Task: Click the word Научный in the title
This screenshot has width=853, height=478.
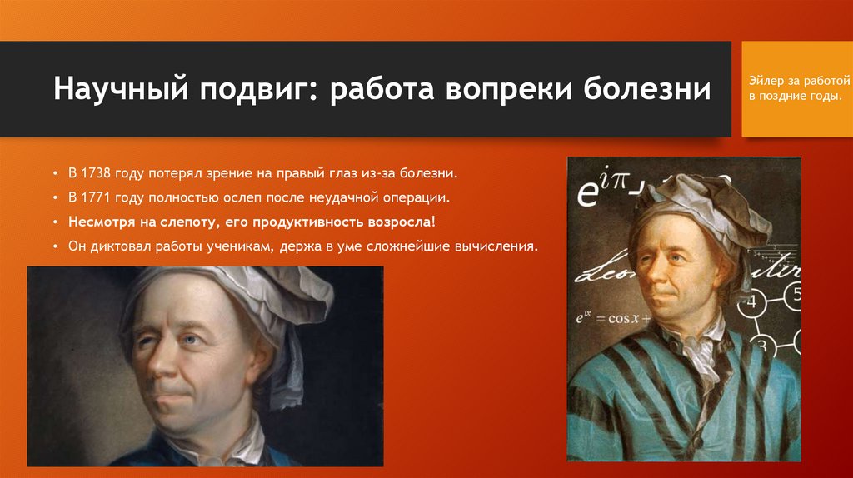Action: click(117, 89)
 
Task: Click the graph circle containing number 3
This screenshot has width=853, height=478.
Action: click(760, 339)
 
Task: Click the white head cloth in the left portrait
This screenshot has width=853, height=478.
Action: click(250, 291)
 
